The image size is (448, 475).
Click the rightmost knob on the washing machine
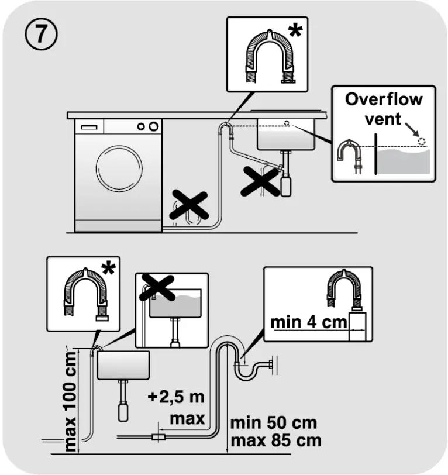tap(153, 126)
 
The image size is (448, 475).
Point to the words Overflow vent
tap(383, 108)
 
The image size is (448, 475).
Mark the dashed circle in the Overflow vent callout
tap(422, 141)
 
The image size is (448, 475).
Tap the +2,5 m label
tap(175, 398)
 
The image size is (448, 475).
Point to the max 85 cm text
tap(275, 440)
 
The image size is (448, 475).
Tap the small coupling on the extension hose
tap(157, 437)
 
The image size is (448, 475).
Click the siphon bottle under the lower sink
tap(123, 409)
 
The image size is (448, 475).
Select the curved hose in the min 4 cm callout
tap(348, 291)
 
